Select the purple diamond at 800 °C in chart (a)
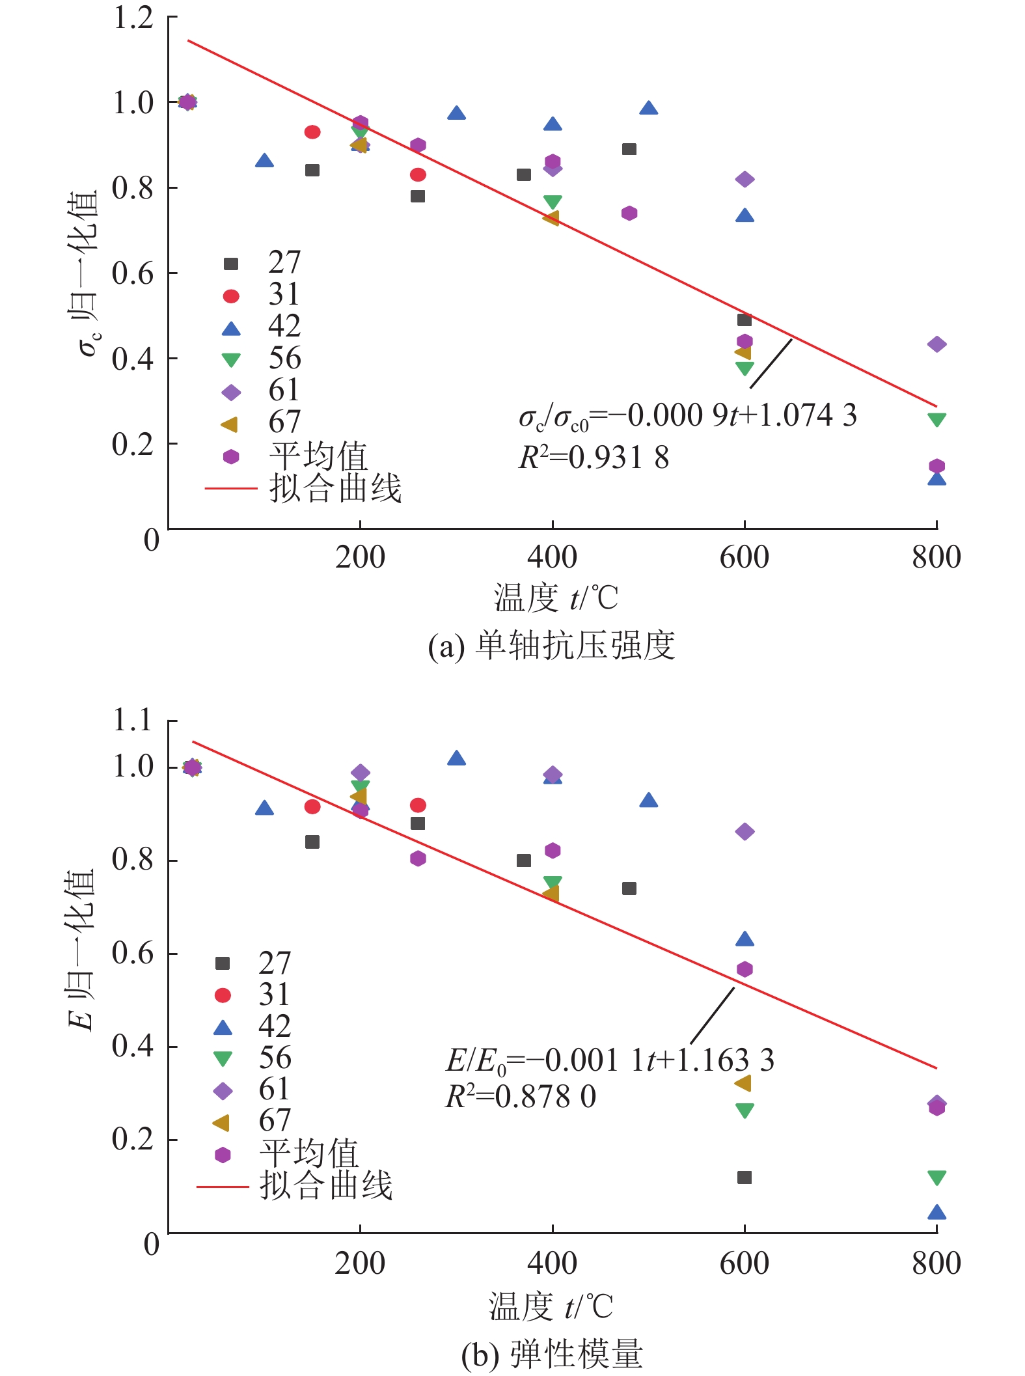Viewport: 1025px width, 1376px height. (x=936, y=344)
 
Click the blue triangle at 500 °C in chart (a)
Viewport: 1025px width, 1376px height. (x=648, y=109)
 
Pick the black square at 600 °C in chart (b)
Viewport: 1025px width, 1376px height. (x=745, y=1177)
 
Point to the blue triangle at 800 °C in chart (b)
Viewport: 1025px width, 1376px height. (x=936, y=1213)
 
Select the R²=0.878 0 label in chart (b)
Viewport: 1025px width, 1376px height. (x=521, y=1097)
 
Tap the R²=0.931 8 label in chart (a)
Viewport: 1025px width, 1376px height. (x=594, y=458)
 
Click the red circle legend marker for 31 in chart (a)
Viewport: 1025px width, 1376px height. (x=231, y=296)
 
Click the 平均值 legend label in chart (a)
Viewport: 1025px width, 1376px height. (x=318, y=456)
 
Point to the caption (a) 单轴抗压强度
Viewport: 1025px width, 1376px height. (x=551, y=646)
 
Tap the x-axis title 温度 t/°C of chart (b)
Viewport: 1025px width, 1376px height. (x=551, y=1306)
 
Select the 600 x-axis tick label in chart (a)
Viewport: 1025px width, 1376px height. (x=744, y=558)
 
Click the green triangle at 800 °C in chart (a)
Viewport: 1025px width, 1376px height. (x=936, y=420)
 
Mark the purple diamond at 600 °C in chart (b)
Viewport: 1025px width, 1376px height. (x=745, y=832)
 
